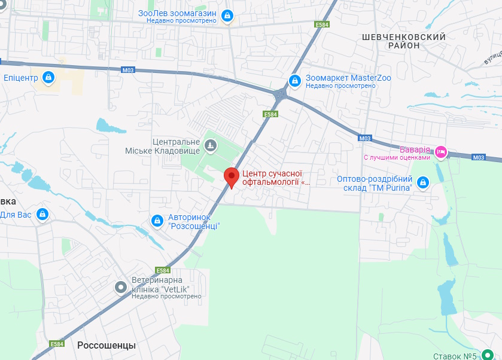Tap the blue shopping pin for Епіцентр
[x=49, y=77]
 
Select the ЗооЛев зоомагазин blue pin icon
[x=227, y=16]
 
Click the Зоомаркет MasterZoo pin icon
[x=294, y=80]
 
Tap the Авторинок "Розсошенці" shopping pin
[x=157, y=221]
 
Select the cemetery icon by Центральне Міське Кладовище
[x=210, y=145]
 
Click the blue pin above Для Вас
[x=42, y=213]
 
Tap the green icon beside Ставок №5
[x=488, y=354]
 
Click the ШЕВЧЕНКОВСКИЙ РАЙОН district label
[x=404, y=41]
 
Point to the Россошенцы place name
[x=107, y=346]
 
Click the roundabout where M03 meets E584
[x=281, y=93]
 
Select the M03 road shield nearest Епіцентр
[x=128, y=70]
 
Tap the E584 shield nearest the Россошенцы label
[x=57, y=344]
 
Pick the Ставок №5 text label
[x=455, y=356]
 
